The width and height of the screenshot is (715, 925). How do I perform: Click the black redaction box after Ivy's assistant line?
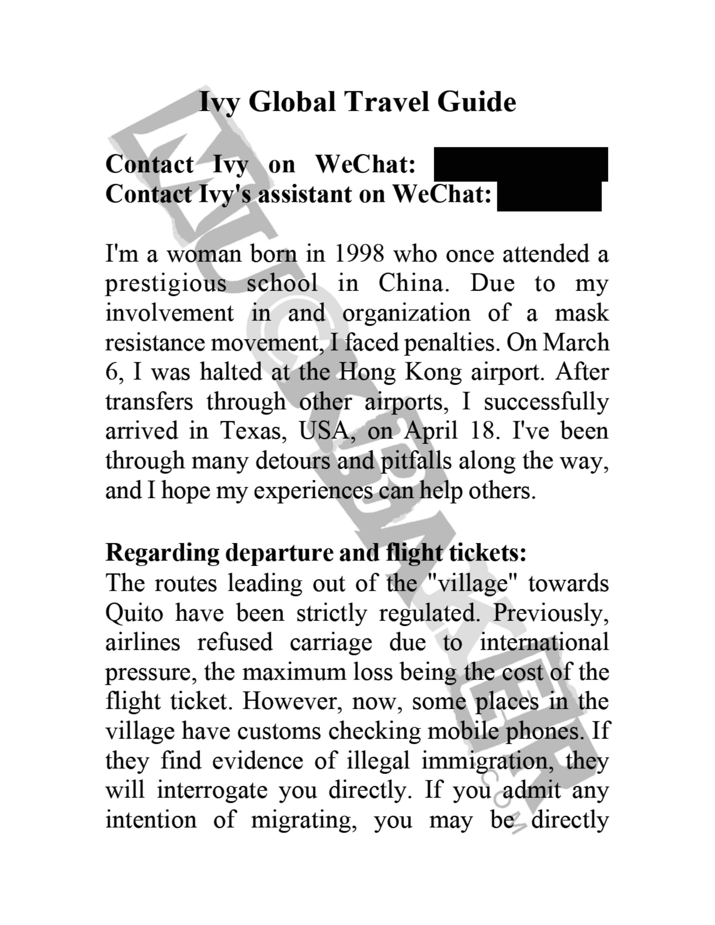click(549, 196)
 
